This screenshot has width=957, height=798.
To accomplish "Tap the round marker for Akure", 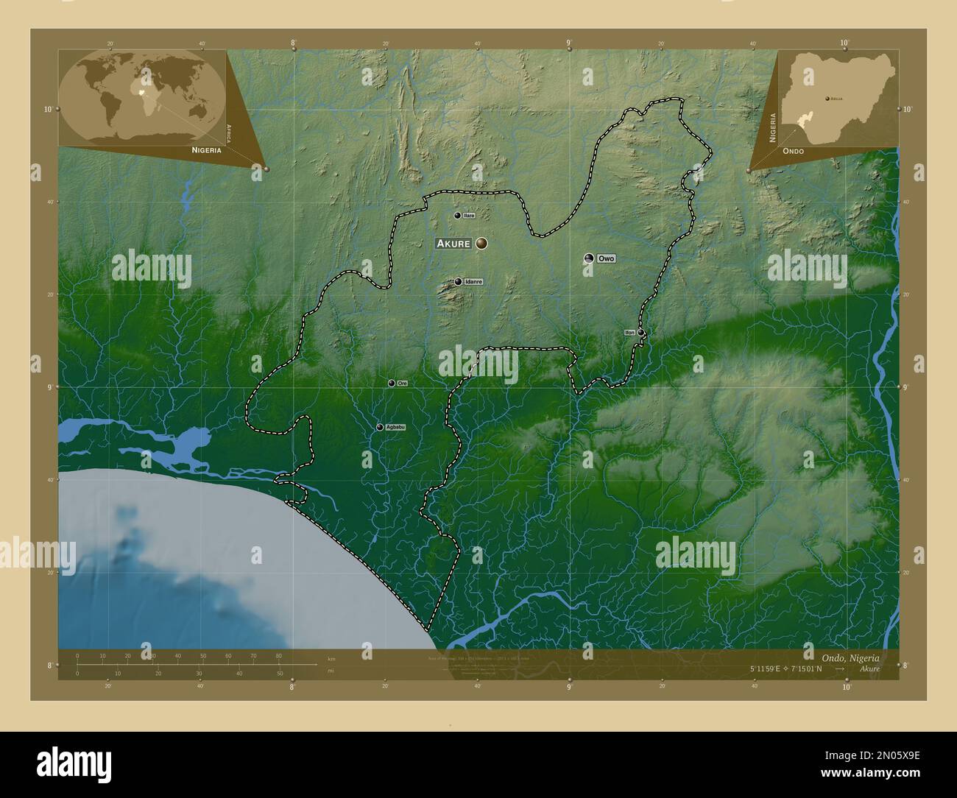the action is (481, 243).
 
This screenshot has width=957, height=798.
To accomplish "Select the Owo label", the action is (606, 258).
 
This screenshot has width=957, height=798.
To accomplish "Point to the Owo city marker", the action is (589, 258).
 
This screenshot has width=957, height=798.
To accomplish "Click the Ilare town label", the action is (469, 216).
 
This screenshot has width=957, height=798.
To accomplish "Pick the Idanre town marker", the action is (458, 281).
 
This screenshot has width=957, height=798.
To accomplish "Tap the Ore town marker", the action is (392, 383).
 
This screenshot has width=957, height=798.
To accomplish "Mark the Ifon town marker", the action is (641, 333).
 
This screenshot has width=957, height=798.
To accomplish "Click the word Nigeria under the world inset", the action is (206, 149).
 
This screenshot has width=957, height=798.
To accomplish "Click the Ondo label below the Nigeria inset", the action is (794, 150).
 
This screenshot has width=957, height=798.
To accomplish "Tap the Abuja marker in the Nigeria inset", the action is (827, 98).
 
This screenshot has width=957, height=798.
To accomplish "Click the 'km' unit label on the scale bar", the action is (331, 658).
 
